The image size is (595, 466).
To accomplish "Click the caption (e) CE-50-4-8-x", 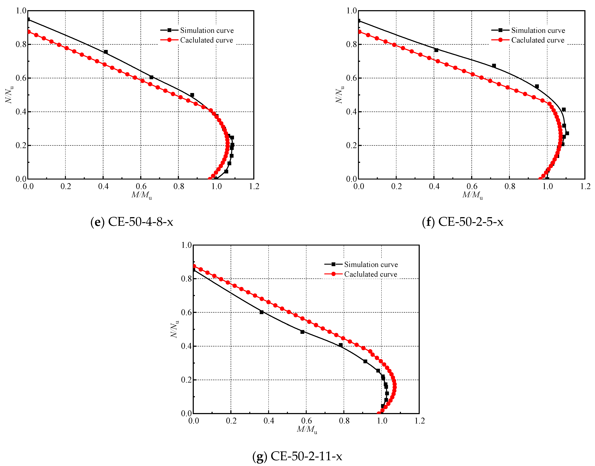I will [132, 222].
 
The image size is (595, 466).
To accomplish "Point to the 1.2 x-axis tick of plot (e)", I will [254, 187].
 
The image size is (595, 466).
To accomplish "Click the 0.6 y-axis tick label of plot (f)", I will [351, 78].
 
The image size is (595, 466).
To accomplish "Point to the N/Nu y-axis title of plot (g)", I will [174, 329].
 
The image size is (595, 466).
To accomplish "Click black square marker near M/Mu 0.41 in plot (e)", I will [106, 52].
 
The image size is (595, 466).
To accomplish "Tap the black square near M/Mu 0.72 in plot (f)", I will [494, 66].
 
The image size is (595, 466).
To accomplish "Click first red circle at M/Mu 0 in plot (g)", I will [194, 266].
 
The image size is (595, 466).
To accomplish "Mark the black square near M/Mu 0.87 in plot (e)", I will [192, 95].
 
